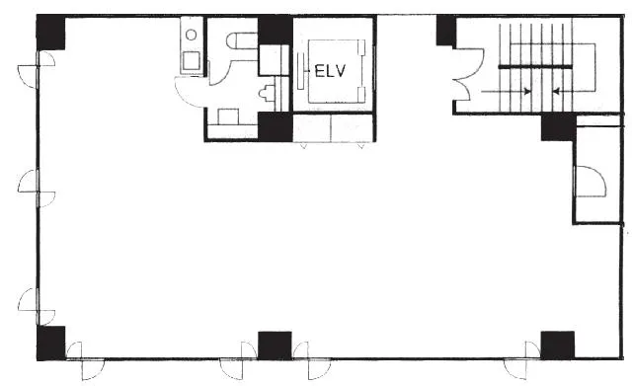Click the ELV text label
(330, 71)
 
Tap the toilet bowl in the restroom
(242, 40)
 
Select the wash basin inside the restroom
(267, 94)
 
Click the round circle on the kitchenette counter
(191, 36)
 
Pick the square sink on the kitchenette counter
(191, 61)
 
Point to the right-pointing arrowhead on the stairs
(527, 92)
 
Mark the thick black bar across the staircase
(535, 66)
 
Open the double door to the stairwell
(467, 75)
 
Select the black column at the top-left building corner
(50, 33)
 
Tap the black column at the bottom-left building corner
(50, 343)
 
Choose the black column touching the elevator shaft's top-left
(276, 31)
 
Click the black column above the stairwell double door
(446, 31)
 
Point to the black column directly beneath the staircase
(558, 127)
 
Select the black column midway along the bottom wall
(275, 346)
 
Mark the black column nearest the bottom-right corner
(557, 346)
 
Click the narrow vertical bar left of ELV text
(300, 71)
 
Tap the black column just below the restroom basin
(276, 127)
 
